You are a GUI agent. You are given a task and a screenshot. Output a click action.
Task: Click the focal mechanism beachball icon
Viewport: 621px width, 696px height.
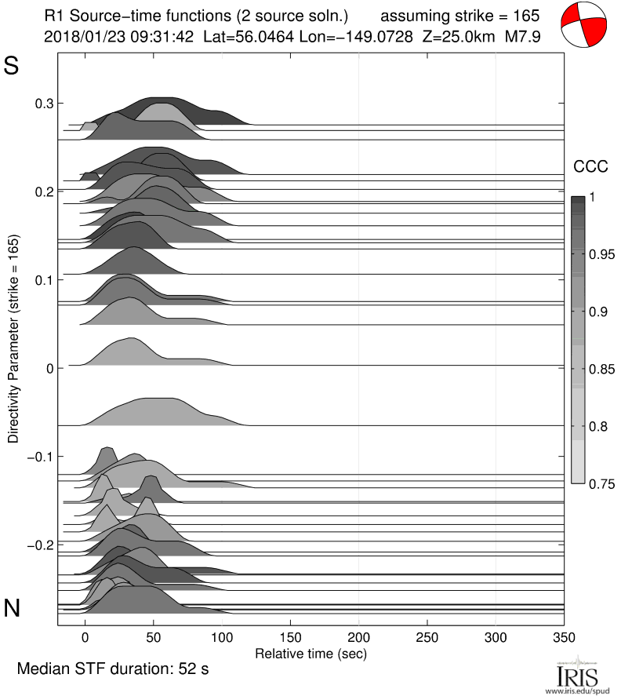(585, 26)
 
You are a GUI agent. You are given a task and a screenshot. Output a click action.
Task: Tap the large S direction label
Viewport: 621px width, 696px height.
(12, 66)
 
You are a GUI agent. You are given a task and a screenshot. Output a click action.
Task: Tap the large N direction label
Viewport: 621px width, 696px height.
(12, 607)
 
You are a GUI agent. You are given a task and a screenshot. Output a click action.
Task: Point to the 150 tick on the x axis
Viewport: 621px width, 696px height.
(290, 636)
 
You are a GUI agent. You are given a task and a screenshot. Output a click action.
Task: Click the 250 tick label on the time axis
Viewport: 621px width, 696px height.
(427, 636)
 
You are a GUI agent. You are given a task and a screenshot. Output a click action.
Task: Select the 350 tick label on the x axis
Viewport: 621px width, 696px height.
(564, 636)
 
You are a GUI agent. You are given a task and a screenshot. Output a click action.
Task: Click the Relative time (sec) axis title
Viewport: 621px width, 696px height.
(311, 652)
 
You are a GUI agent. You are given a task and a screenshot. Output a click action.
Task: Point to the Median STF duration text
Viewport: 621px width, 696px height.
(113, 669)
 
